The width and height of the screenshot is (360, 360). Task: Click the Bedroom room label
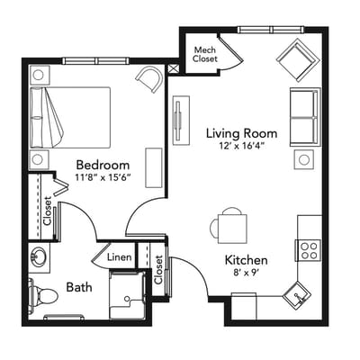103,165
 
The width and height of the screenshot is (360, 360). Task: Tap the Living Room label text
240,134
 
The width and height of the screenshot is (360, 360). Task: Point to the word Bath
79,288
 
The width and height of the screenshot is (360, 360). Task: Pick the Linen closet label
121,257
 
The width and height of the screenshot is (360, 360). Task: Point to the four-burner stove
310,247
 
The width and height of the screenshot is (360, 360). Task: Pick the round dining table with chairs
232,226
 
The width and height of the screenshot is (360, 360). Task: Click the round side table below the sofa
304,159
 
